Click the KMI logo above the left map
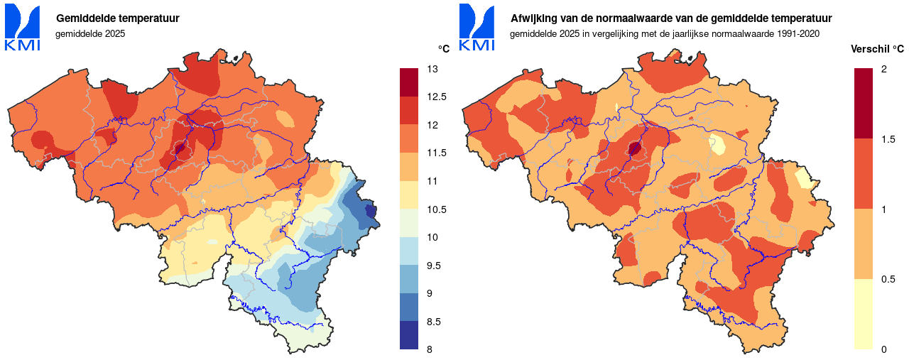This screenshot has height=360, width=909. tap(23, 28)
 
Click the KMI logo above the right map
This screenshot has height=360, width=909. tap(477, 28)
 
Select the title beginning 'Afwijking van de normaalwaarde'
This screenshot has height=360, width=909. tap(671, 18)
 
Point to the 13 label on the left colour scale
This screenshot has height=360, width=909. tap(432, 69)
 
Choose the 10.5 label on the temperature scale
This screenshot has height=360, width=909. tap(435, 209)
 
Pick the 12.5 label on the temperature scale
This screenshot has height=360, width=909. tap(435, 97)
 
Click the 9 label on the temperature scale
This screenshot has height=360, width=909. tap(430, 293)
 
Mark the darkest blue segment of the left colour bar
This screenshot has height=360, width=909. tap(409, 335)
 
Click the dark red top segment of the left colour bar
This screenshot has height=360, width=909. tap(409, 82)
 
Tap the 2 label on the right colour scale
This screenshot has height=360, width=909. tap(883, 69)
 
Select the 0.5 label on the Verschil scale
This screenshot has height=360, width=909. tap(888, 279)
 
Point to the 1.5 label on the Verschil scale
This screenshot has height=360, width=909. tap(888, 139)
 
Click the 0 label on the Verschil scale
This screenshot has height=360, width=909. tap(883, 349)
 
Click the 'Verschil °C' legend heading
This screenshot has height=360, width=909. tap(877, 49)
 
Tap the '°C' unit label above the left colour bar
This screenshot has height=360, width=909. tap(443, 49)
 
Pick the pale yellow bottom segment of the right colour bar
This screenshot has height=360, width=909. tap(863, 314)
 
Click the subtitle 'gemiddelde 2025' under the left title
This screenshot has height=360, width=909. tap(90, 33)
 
